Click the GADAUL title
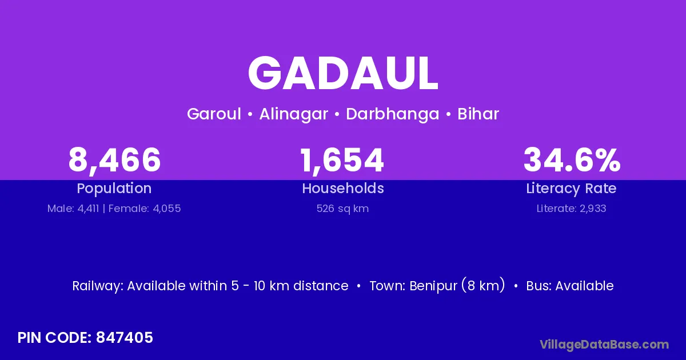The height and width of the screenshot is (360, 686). [x=343, y=73]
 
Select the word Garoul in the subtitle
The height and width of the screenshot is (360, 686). [x=214, y=114]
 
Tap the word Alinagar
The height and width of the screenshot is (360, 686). [x=293, y=114]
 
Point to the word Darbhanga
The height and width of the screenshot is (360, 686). [x=393, y=114]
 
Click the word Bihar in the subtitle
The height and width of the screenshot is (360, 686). [x=478, y=114]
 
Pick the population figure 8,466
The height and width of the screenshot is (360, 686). [x=114, y=160]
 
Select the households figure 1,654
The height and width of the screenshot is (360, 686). [x=342, y=160]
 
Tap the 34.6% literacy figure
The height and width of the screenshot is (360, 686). [x=572, y=159]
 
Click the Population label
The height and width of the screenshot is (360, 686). [x=114, y=189]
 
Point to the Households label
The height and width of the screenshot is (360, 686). [x=343, y=188]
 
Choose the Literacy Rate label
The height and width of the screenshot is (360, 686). [x=571, y=189]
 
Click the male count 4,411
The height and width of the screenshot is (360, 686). [x=88, y=209]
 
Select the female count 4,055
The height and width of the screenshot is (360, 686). [x=166, y=209]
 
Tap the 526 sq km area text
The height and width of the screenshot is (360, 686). [x=342, y=209]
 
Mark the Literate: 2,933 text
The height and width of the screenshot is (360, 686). [x=572, y=209]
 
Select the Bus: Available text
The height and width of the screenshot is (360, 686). [x=570, y=286]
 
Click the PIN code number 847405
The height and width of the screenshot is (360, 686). [x=125, y=338]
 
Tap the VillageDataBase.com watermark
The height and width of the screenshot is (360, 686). [x=604, y=345]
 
